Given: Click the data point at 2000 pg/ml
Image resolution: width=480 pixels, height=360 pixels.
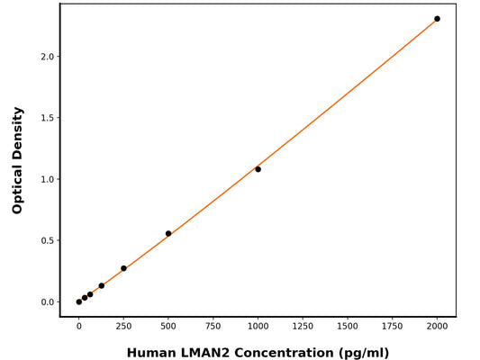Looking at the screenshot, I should pyautogui.click(x=437, y=19).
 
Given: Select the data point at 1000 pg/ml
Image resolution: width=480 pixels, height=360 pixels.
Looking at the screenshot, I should pyautogui.click(x=258, y=169).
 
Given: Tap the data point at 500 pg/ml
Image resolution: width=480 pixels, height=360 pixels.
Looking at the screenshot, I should pyautogui.click(x=168, y=234).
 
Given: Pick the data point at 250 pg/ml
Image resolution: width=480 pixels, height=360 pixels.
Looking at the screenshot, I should pyautogui.click(x=123, y=268).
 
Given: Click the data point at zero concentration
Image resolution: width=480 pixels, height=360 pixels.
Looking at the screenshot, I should pyautogui.click(x=79, y=301).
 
